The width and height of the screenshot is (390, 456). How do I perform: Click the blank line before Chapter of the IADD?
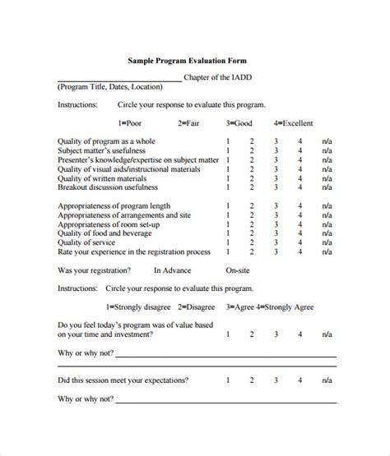click(120, 79)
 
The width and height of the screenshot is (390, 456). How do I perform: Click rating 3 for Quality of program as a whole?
click(276, 141)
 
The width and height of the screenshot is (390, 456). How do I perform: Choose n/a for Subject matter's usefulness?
click(327, 150)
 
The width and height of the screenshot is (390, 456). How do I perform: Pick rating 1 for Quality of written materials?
click(227, 178)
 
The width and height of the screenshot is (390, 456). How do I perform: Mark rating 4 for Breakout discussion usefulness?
click(301, 187)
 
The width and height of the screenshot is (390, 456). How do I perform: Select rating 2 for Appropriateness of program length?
click(252, 205)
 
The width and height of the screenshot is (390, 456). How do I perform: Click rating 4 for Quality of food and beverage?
click(301, 233)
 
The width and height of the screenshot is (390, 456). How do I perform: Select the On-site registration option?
click(239, 269)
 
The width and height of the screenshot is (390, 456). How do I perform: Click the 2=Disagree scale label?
click(196, 307)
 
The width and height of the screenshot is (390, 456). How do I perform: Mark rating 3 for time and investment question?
click(276, 334)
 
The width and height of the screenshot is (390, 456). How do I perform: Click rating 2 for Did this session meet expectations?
click(252, 380)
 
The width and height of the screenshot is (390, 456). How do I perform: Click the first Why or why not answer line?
click(225, 355)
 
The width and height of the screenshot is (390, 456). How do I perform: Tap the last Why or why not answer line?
click(225, 401)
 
